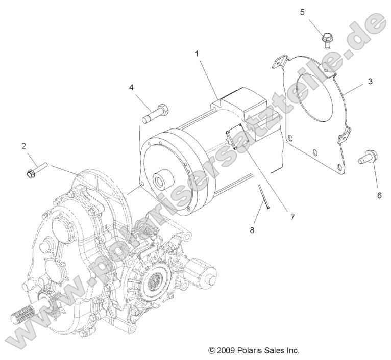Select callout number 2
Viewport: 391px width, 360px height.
click(23, 146)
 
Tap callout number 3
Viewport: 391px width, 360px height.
click(370, 81)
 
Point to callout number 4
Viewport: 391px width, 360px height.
click(131, 87)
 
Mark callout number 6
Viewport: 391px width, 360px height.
click(379, 195)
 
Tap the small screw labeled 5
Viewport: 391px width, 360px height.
click(327, 39)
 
